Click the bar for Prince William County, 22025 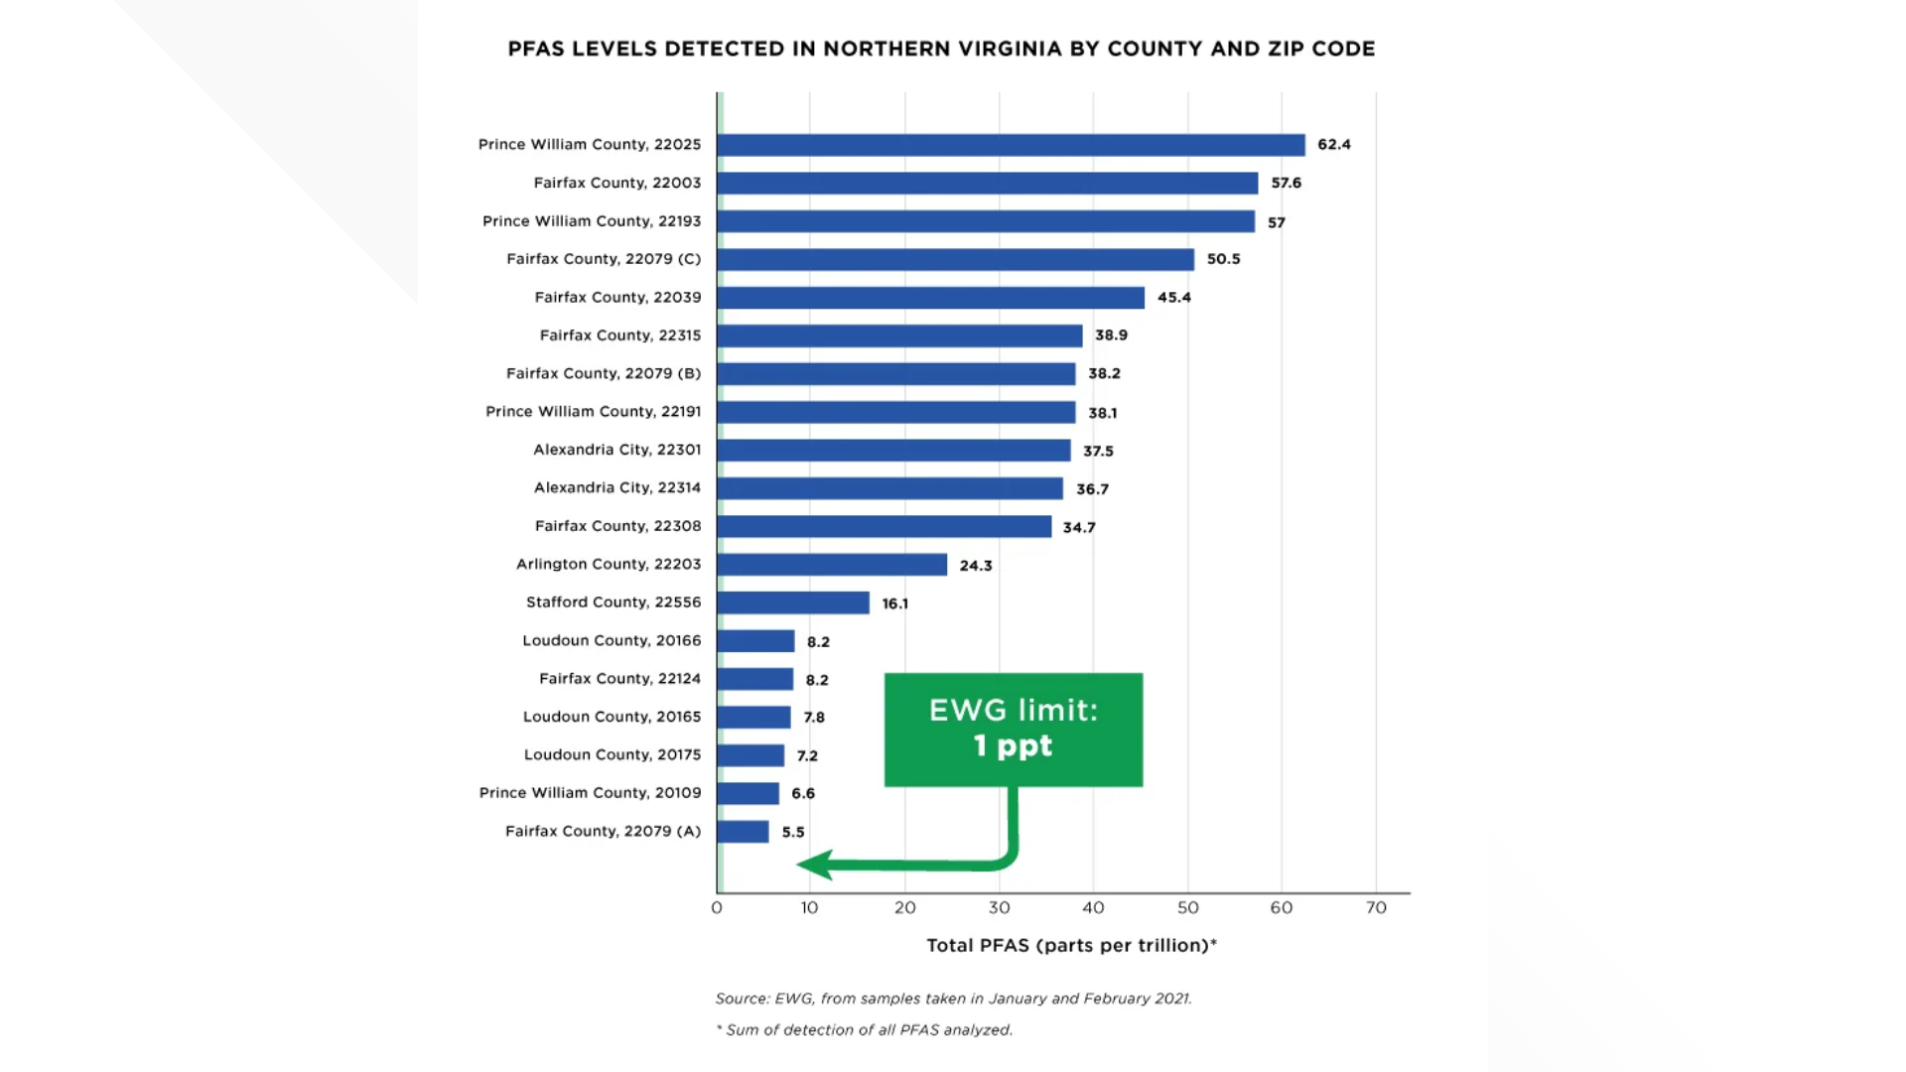tap(1011, 145)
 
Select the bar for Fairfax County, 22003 tap(987, 184)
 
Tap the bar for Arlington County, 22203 tap(832, 565)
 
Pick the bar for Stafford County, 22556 tap(793, 603)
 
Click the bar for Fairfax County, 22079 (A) tap(743, 832)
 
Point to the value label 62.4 tap(1333, 145)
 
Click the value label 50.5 tap(1223, 259)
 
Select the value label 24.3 tap(975, 566)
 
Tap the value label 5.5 tap(792, 833)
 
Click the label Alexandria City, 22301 tap(616, 450)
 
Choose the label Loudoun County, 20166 tap(612, 641)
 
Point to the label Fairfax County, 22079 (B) tap(603, 374)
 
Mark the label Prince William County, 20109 tap(590, 793)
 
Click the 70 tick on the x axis tap(1375, 908)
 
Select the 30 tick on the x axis tap(999, 908)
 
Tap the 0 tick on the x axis tap(717, 908)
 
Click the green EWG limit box tap(1013, 730)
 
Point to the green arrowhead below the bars tap(814, 865)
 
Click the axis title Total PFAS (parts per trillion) tap(1070, 946)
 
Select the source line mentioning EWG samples tap(953, 999)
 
